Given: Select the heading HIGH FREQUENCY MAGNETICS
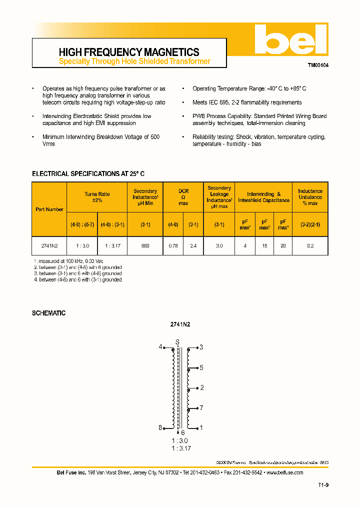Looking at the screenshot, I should (129, 52).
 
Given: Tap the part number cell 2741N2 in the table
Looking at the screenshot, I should (49, 245).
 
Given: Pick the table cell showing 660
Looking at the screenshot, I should (145, 245).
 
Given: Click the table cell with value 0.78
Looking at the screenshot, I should (173, 245).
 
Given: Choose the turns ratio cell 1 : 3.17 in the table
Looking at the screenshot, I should (112, 245).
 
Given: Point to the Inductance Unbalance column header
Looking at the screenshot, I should (310, 197).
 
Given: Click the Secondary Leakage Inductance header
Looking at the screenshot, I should (219, 197).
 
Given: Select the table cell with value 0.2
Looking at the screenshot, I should (310, 245).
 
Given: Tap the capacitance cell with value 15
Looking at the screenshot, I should (264, 245).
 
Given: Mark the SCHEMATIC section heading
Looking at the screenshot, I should (48, 313).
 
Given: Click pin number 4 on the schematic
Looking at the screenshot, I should (160, 346).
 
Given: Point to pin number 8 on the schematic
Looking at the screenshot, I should (160, 427).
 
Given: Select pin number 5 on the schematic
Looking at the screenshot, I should (201, 367).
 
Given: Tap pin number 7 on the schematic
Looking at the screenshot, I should (201, 408).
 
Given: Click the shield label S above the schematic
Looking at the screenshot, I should (176, 342).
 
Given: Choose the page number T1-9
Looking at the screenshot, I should (323, 485).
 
